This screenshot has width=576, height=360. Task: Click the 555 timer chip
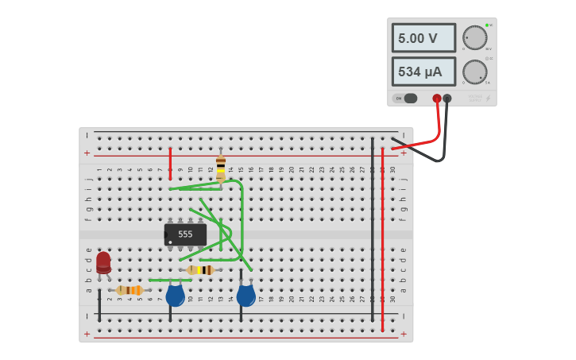tap(185, 234)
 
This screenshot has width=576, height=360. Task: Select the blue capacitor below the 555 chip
tap(175, 296)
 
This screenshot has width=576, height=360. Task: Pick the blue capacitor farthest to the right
tap(245, 296)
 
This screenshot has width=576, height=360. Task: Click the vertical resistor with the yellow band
tap(221, 168)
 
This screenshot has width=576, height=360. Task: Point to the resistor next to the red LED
tap(130, 290)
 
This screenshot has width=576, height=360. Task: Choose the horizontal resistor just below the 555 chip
tap(201, 270)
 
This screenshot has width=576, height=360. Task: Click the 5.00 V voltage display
tap(423, 38)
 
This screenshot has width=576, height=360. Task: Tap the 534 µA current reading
tap(423, 72)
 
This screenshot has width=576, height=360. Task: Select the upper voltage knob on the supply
tap(475, 37)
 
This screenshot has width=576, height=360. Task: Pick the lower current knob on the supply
tap(475, 72)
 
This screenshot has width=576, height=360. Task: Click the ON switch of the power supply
tap(406, 99)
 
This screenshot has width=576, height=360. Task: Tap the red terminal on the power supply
tap(437, 99)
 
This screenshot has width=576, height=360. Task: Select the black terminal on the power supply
tap(447, 99)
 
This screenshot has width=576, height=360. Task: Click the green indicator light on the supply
tap(486, 25)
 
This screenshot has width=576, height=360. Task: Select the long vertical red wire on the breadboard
tap(382, 238)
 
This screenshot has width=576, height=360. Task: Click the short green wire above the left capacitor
tap(170, 281)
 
